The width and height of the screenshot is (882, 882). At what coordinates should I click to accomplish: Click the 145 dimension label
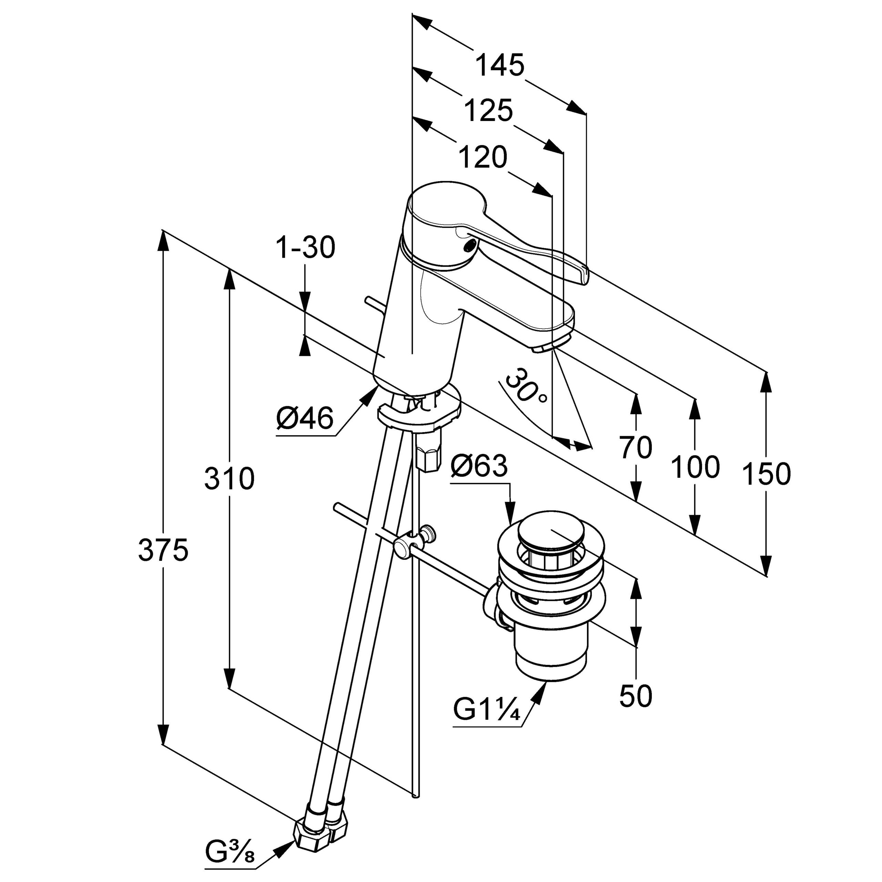point(500,65)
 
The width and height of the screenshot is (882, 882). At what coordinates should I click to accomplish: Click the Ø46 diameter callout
point(305,418)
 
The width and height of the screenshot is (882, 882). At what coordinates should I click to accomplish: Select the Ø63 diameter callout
point(479,466)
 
